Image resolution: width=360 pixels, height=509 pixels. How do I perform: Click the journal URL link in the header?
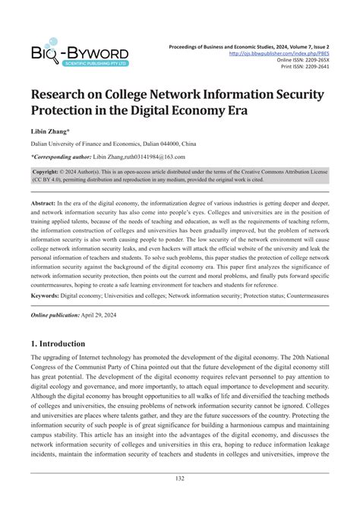tap(292, 53)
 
